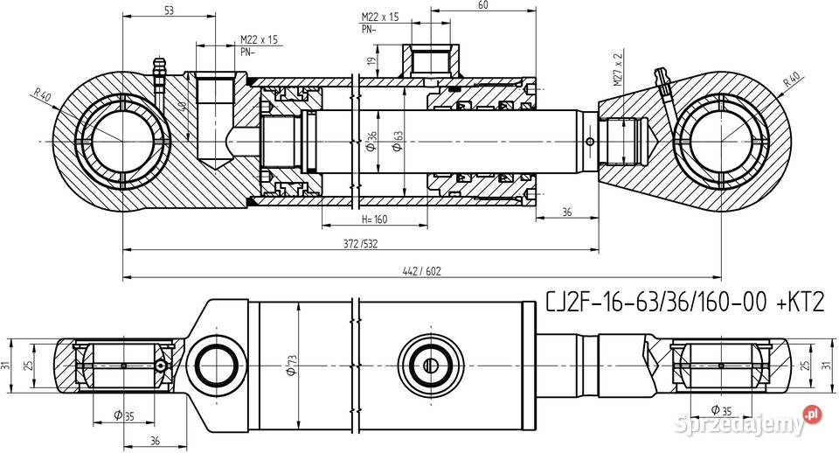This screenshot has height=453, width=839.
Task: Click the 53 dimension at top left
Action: [x=169, y=10]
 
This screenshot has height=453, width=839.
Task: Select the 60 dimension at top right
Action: [x=482, y=5]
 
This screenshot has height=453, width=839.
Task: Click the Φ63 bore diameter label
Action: [x=398, y=142]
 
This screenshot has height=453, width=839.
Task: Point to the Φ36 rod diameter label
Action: [x=371, y=142]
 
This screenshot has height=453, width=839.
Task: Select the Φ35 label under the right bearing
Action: [x=721, y=410]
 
